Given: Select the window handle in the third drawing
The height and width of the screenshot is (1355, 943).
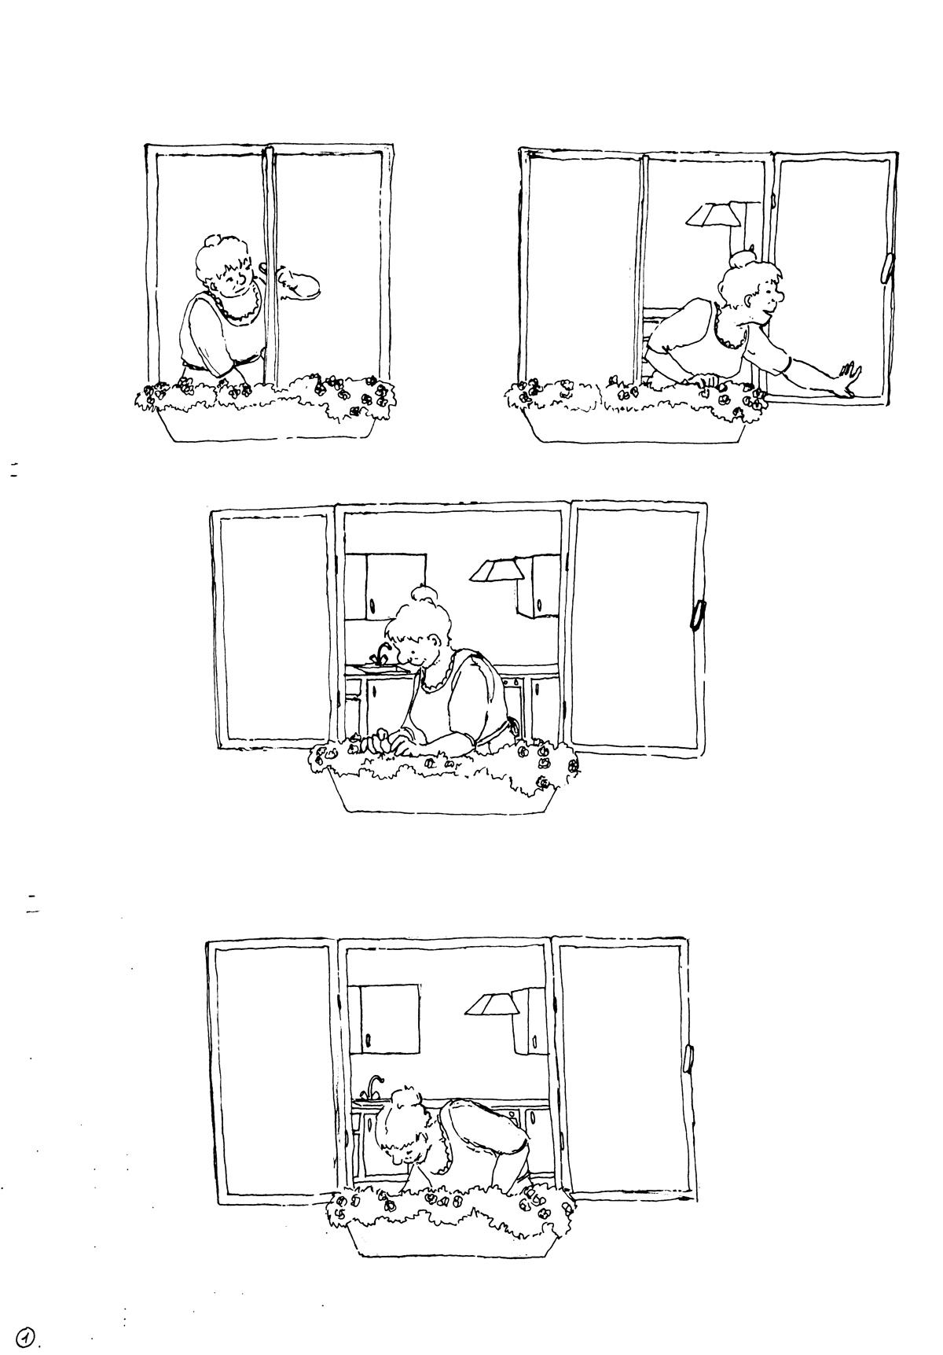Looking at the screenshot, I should click(x=695, y=615).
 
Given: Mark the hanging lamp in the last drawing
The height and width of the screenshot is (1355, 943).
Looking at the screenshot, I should click(x=490, y=1004).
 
